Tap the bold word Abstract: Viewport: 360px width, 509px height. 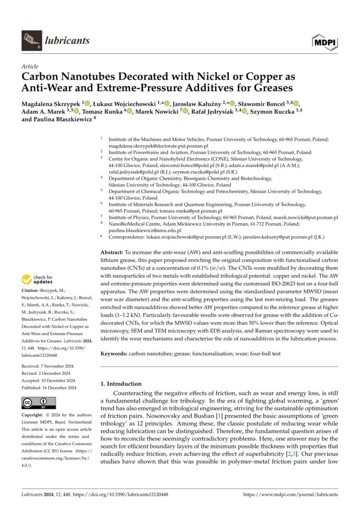tap(111, 253)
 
